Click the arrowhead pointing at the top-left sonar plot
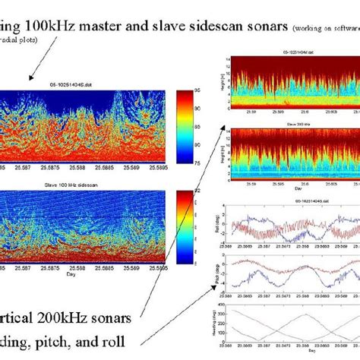pos(31,77)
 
